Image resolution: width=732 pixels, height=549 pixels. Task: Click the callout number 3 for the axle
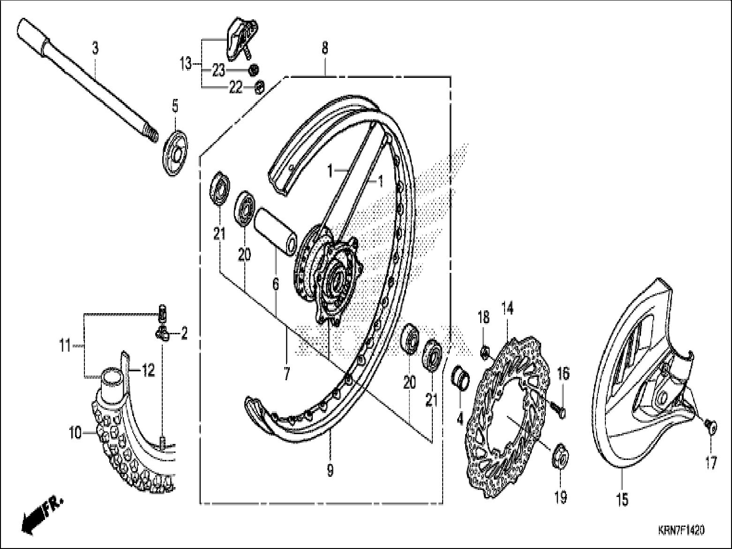click(x=95, y=48)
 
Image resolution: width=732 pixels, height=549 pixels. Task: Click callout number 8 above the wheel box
click(x=325, y=48)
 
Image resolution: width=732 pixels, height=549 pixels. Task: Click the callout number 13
click(x=186, y=63)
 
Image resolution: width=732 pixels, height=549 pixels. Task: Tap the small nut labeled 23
click(x=253, y=70)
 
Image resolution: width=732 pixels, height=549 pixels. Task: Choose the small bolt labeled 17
click(x=710, y=426)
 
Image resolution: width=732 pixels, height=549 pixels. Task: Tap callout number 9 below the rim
click(x=330, y=470)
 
